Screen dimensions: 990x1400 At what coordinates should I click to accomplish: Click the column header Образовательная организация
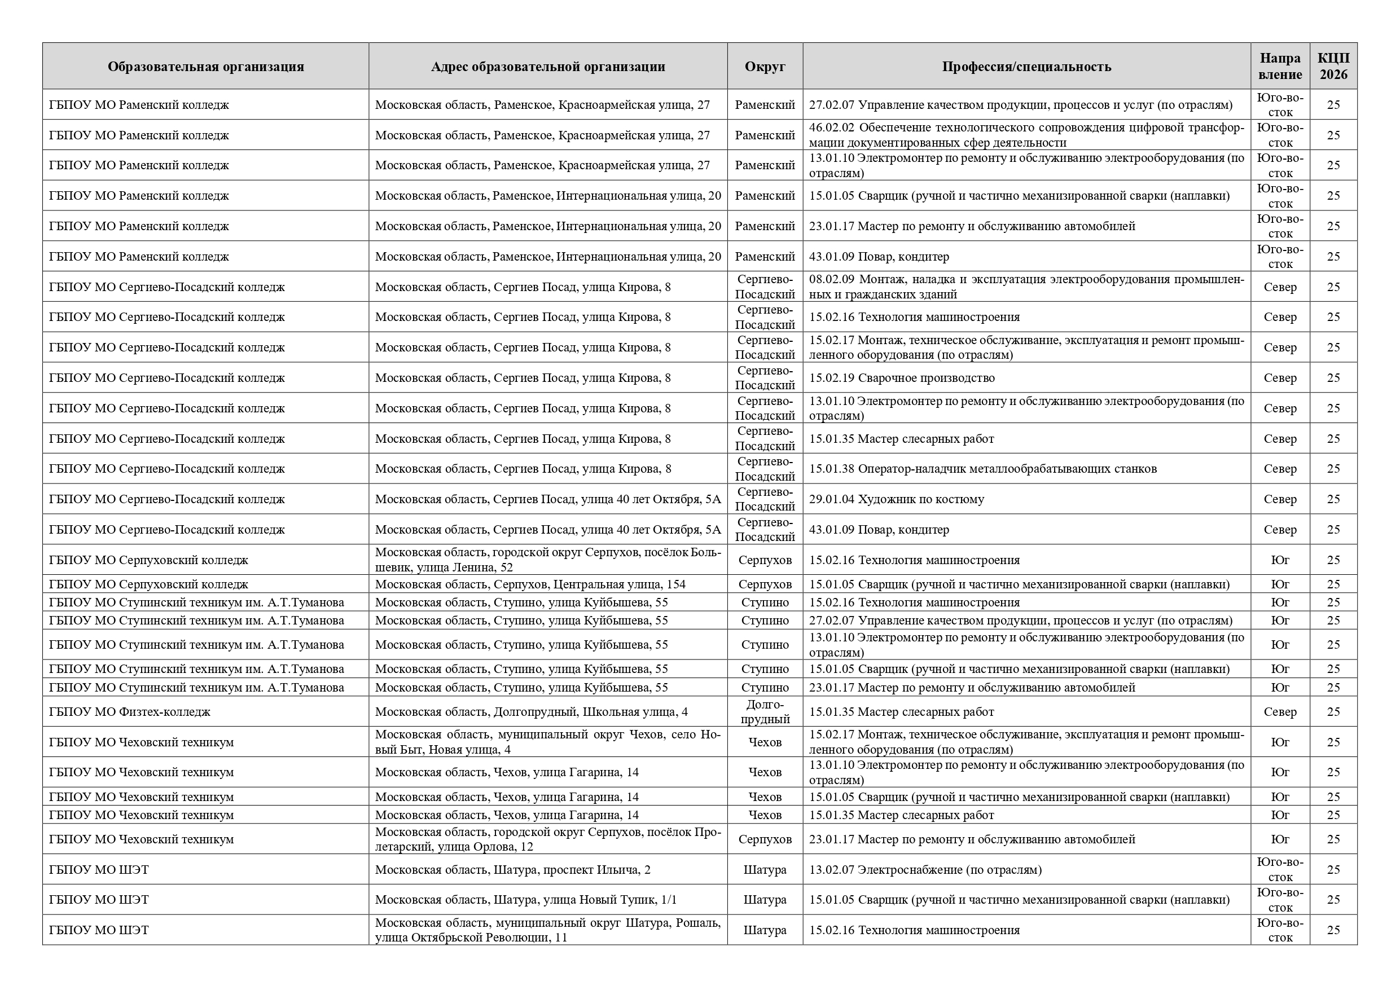205,67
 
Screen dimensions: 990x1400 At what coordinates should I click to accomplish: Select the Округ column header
765,67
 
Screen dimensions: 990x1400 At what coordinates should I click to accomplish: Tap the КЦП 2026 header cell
1333,67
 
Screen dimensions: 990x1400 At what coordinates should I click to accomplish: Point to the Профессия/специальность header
1026,67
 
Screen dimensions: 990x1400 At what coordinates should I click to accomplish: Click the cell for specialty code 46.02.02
1026,135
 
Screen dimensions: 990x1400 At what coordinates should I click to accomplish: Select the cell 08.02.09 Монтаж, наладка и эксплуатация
1026,287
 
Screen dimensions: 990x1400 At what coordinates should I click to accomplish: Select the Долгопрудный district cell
765,712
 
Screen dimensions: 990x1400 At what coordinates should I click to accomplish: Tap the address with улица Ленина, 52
547,560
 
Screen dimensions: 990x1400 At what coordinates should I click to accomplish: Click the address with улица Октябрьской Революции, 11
547,930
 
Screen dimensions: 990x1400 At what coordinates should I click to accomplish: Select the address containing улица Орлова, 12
547,839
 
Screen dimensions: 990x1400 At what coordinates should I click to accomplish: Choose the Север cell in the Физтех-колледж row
1280,712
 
